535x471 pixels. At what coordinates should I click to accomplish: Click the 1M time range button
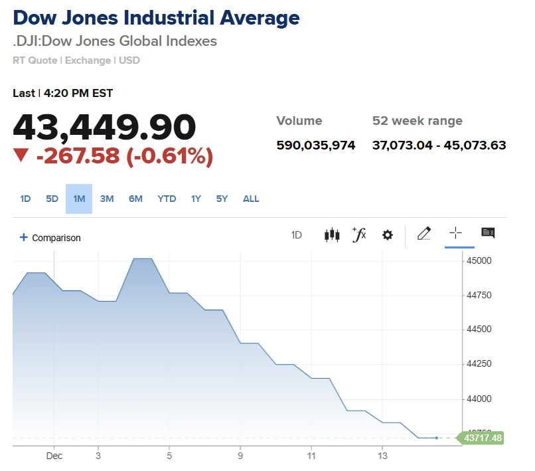[79, 199]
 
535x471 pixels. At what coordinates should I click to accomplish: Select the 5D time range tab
[52, 199]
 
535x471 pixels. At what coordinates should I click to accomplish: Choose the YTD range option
[167, 199]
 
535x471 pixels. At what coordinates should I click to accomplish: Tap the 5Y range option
[222, 199]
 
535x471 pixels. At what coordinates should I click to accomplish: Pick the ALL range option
[251, 199]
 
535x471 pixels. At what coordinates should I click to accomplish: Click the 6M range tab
[135, 199]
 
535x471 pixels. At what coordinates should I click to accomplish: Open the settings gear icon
[388, 235]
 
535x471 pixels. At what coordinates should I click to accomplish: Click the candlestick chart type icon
[332, 235]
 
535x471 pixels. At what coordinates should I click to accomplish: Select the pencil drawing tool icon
[424, 233]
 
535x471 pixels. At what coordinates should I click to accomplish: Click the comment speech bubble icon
[488, 233]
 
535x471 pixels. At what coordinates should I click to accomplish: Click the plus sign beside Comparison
[24, 237]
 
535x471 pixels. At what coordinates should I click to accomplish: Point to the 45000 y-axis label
[479, 260]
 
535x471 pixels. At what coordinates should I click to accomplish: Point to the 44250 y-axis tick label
[479, 364]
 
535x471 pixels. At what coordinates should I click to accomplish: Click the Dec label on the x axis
[54, 456]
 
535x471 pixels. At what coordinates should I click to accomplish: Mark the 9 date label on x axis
[240, 456]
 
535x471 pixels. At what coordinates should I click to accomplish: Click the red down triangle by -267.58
[21, 155]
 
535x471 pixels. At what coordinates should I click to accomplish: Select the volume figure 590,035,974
[315, 145]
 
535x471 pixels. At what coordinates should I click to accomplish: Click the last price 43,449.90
[105, 126]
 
